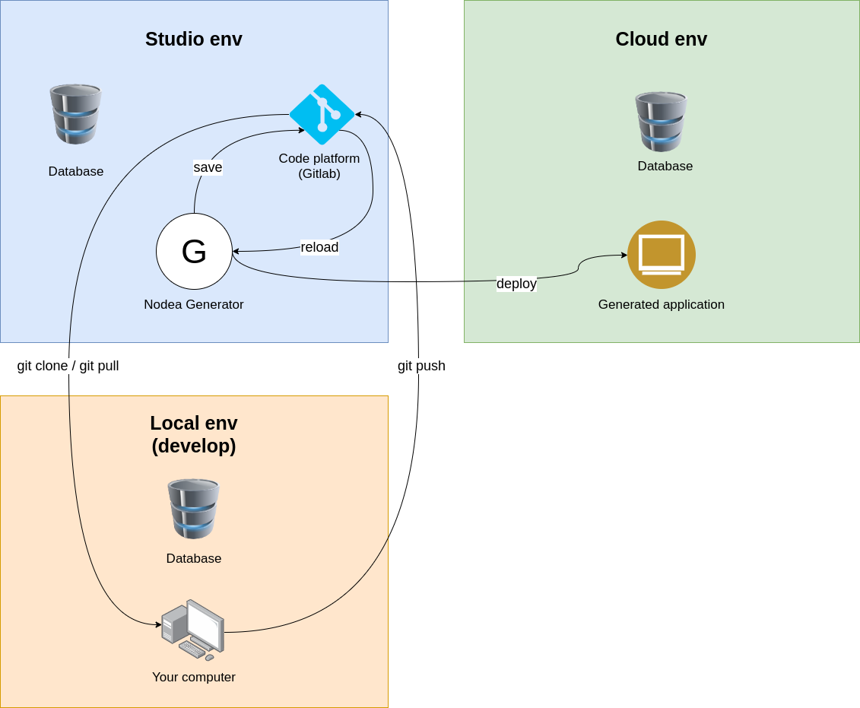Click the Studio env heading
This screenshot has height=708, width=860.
click(193, 39)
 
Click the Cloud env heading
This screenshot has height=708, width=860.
click(661, 39)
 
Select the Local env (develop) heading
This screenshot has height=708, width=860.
click(193, 434)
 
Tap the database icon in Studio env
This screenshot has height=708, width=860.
click(75, 114)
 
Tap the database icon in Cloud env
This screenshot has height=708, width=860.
click(661, 122)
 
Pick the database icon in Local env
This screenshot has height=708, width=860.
click(193, 509)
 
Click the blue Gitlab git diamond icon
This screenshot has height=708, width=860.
click(322, 115)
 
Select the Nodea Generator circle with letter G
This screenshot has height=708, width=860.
click(194, 252)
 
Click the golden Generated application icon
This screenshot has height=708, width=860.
click(661, 255)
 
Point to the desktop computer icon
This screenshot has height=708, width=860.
click(193, 630)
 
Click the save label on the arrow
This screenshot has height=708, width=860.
click(208, 167)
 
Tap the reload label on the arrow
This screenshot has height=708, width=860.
click(319, 247)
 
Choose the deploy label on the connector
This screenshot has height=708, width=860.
click(516, 284)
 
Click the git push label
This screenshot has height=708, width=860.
click(421, 366)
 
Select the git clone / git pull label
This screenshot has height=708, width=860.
click(68, 366)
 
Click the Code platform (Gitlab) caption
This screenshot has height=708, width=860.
click(319, 166)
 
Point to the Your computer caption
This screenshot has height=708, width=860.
click(193, 677)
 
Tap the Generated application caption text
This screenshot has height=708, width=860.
click(661, 304)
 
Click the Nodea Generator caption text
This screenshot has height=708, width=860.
click(193, 304)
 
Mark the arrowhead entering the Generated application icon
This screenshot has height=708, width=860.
click(624, 256)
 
